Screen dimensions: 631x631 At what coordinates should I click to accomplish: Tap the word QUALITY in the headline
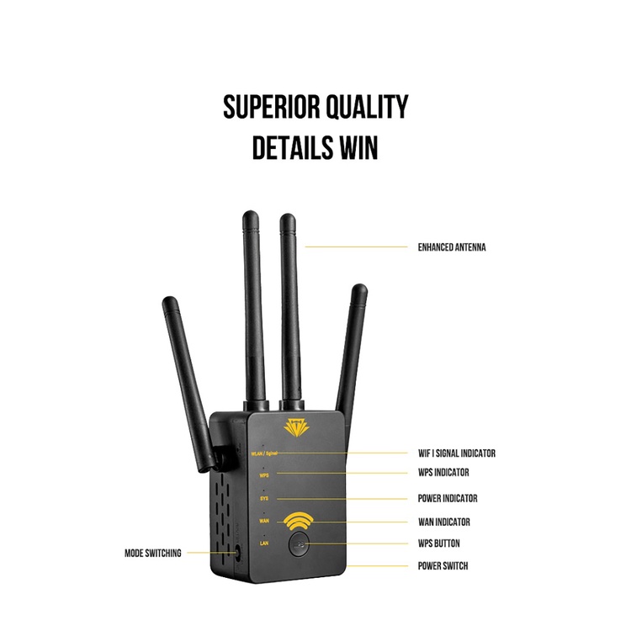[366, 107]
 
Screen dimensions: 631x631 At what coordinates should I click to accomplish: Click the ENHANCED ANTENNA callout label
[452, 247]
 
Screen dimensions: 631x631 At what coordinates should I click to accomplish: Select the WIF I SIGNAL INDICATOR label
[457, 453]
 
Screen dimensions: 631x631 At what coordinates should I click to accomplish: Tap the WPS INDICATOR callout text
[443, 472]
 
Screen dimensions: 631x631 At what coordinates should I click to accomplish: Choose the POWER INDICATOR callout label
[448, 498]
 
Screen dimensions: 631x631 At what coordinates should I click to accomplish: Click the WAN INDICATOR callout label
[443, 522]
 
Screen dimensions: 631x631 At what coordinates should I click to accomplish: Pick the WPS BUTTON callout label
[439, 544]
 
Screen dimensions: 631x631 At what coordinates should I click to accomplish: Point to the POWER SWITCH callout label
[443, 565]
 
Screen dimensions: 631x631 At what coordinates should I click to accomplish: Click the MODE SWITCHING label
[152, 554]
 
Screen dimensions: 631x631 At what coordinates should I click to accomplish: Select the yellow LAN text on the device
[263, 544]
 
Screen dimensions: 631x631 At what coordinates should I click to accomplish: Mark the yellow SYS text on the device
[263, 499]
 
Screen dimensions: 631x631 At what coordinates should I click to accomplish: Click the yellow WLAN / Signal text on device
[263, 453]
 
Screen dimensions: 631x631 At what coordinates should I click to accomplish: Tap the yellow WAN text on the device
[263, 522]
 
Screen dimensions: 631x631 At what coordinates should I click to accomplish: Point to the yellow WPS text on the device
[263, 475]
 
